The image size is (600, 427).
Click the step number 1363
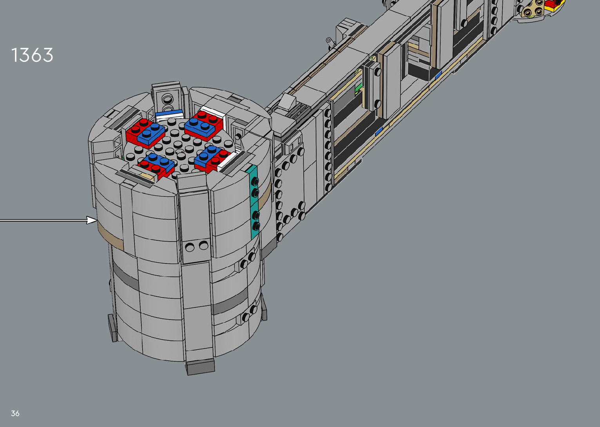(x=32, y=55)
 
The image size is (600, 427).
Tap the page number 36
(x=15, y=413)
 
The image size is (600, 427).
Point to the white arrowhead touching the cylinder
(x=92, y=220)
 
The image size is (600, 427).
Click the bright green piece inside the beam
(x=358, y=89)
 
